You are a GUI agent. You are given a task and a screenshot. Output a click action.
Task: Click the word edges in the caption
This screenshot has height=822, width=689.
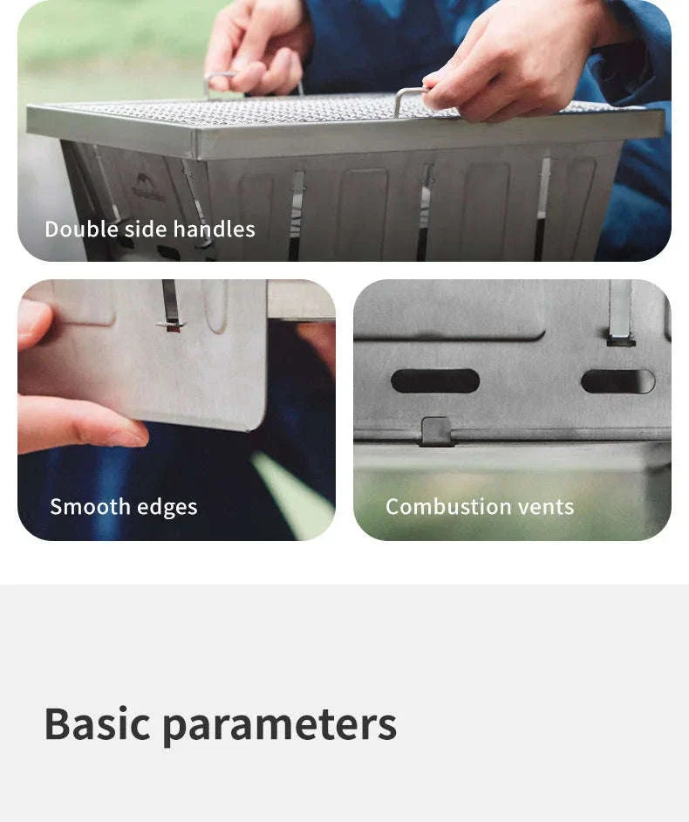pos(167,508)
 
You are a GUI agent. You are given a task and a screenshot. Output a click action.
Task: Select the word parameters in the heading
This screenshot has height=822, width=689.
pos(280,727)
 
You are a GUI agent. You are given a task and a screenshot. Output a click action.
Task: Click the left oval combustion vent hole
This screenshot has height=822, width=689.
pos(435,381)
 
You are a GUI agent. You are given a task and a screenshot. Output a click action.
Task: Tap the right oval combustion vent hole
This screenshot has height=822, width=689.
pos(617,381)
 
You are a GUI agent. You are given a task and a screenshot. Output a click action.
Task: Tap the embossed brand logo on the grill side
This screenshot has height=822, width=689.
pos(147,188)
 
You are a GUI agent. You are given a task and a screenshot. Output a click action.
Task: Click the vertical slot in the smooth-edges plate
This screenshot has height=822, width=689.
pos(170,304)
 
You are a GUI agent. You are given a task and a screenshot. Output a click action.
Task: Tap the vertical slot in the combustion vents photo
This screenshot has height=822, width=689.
pos(621,312)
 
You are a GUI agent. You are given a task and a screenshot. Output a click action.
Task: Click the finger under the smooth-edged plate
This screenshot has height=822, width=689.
pos(78,425)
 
